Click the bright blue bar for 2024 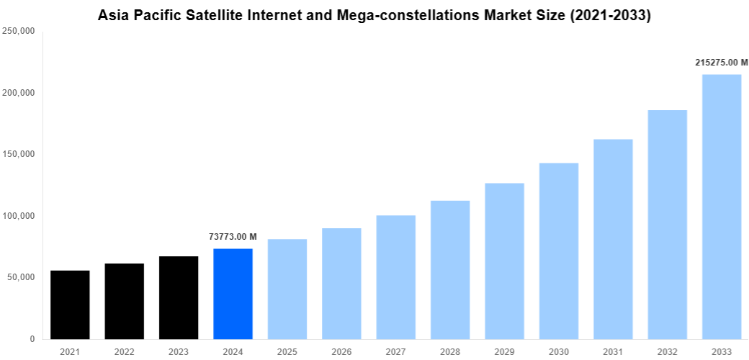(233, 294)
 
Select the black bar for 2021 (70, 305)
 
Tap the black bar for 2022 (124, 301)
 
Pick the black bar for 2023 (179, 297)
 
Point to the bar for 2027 (395, 277)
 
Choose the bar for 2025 (287, 289)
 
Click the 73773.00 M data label (233, 237)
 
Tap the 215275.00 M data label (722, 63)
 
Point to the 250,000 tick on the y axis (19, 32)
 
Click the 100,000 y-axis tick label (19, 216)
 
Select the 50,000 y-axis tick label (21, 277)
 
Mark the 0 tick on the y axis (32, 339)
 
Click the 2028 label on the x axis (450, 351)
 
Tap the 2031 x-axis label (613, 351)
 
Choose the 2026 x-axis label (341, 351)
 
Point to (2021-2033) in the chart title (611, 15)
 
